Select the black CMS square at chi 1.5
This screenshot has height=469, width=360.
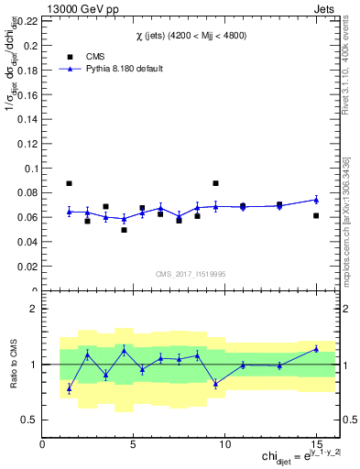(69, 183)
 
